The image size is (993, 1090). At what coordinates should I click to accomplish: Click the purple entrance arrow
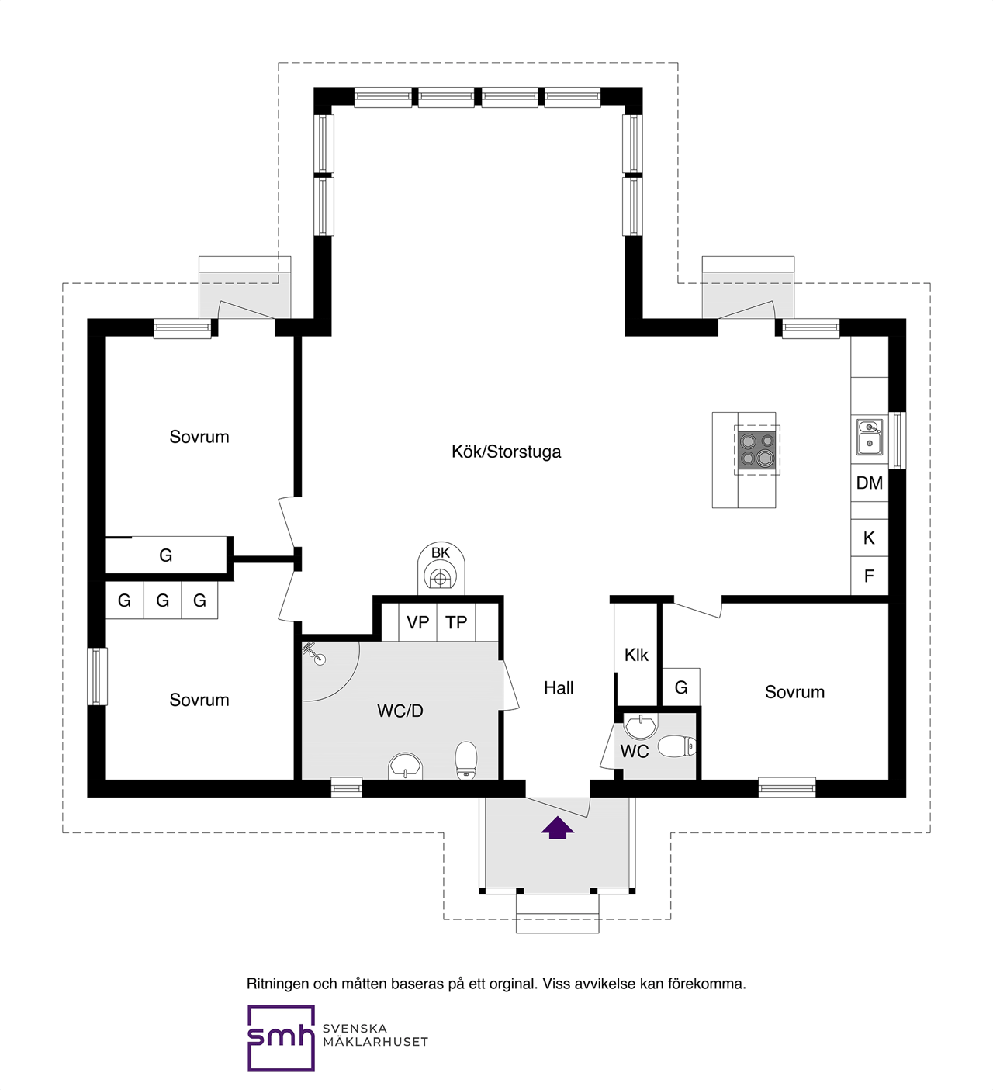point(557,828)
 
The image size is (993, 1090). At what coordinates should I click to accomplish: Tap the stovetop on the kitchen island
point(756,450)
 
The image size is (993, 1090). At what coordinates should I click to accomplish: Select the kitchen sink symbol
point(869,437)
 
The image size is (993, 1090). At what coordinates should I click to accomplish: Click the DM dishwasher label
point(869,483)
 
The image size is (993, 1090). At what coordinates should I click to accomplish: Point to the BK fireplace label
point(440,552)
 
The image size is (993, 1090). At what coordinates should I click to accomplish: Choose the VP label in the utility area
point(417,622)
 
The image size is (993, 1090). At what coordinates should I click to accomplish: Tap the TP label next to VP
point(456,622)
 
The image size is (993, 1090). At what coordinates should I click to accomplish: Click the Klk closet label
point(636,655)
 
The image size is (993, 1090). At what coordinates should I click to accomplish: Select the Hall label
point(559,688)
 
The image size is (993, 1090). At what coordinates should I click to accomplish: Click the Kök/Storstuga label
point(506,452)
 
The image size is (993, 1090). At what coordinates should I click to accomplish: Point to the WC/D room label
point(400,711)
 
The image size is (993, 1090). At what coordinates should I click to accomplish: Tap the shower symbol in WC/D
point(314,653)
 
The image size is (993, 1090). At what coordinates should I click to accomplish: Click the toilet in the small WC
point(676,746)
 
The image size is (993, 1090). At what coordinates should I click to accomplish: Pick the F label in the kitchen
point(869,576)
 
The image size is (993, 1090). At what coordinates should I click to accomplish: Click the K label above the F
point(869,538)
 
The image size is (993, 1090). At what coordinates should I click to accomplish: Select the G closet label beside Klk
point(681,687)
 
